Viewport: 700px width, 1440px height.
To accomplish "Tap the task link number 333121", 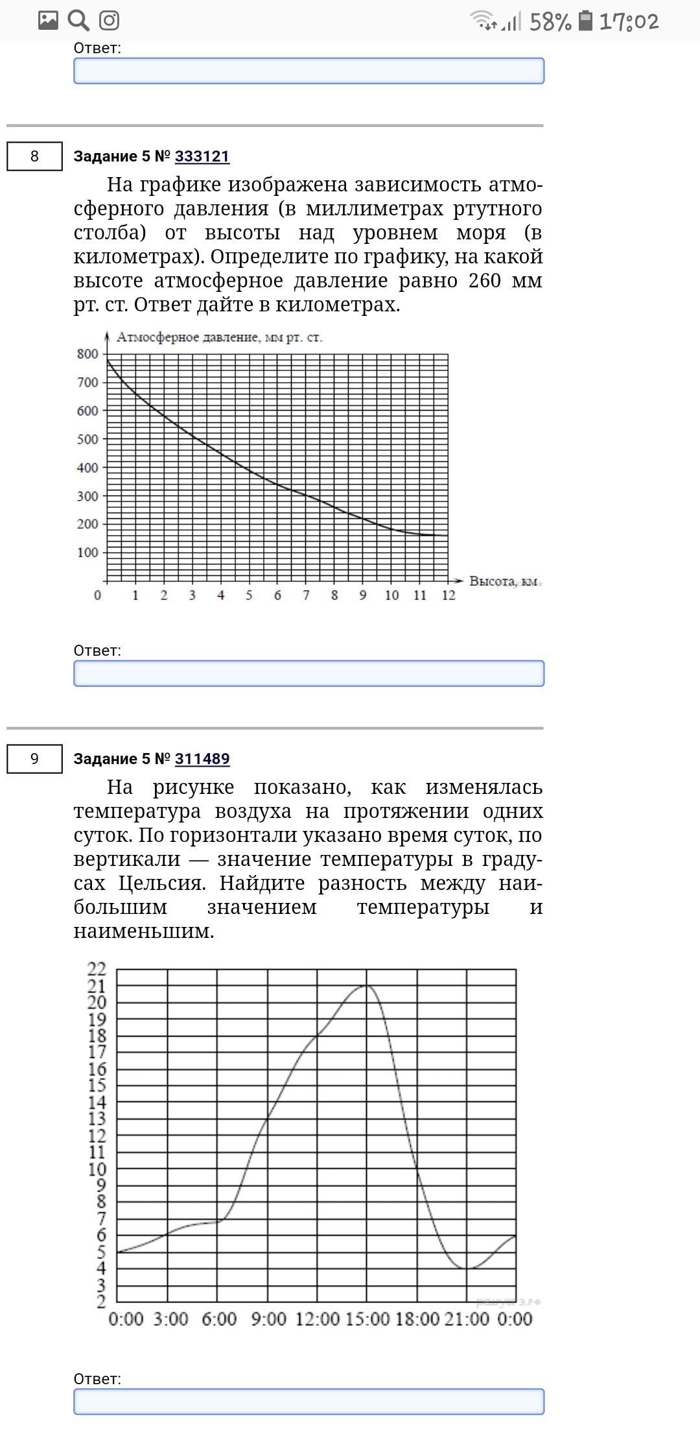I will coord(202,156).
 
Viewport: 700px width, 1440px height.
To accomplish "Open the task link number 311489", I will coord(202,759).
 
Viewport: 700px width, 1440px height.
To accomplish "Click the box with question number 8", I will coord(34,156).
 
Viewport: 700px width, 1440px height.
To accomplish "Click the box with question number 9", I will coord(34,759).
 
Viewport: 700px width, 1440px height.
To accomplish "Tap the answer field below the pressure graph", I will coord(309,673).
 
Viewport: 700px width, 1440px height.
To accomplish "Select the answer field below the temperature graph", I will coord(309,1402).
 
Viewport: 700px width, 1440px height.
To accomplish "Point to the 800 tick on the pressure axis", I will coord(87,354).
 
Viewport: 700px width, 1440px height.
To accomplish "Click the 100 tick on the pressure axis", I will coord(87,553).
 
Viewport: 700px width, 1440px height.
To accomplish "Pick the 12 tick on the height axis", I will coord(449,595).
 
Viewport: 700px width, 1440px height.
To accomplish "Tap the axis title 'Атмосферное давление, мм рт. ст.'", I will coord(219,337).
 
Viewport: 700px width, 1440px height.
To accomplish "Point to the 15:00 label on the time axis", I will coord(367,1319).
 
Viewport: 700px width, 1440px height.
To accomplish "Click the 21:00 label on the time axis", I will coord(467,1319).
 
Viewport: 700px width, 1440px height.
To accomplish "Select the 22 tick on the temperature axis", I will coord(97,969).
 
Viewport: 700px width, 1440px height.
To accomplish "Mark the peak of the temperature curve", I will coord(367,985).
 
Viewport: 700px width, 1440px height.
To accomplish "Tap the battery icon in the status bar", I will coord(585,21).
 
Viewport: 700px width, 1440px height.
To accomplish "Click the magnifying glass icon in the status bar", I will coord(78,21).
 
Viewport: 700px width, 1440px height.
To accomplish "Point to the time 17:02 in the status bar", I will coord(629,22).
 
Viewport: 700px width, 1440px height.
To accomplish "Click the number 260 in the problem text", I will coord(485,281).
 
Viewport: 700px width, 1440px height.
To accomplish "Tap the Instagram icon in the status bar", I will coord(109,21).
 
